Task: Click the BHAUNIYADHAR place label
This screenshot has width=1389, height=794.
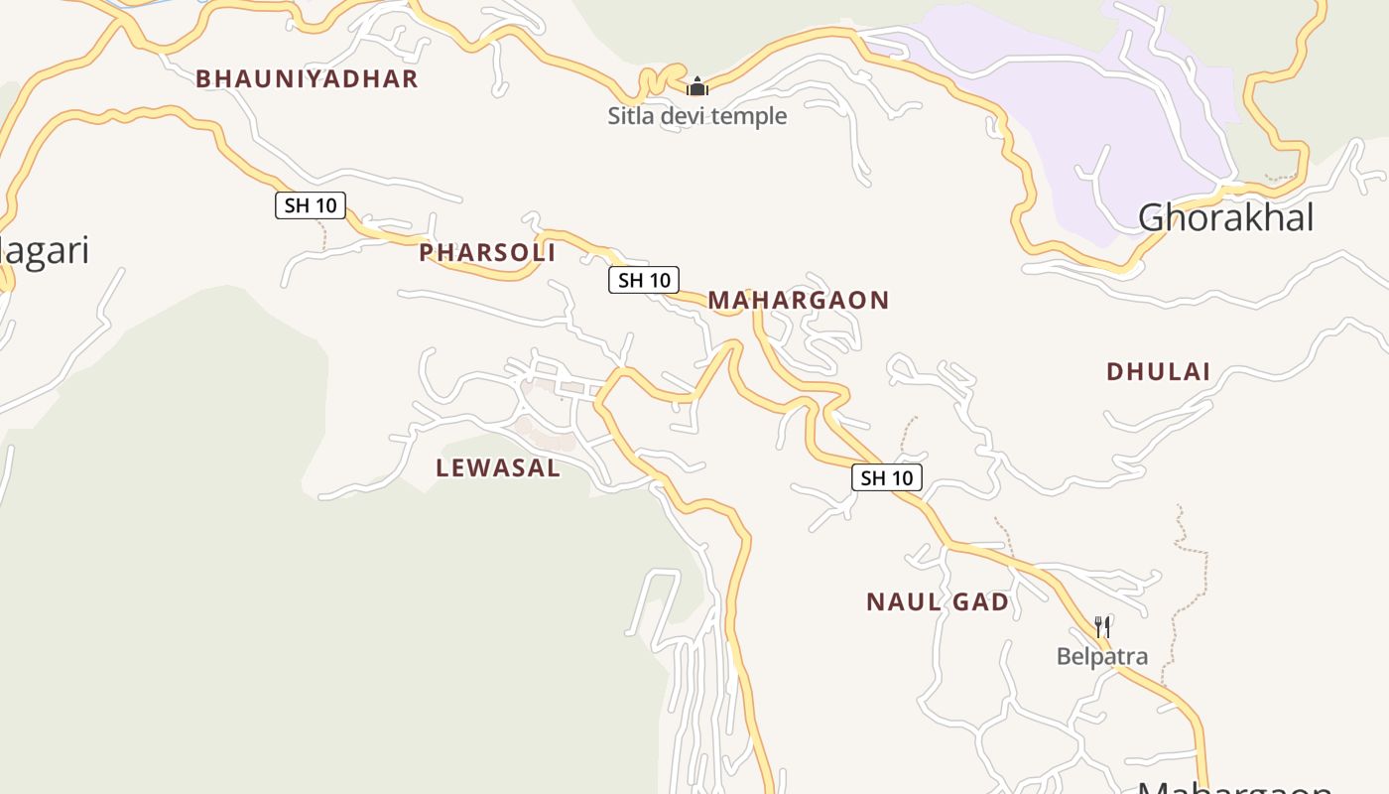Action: click(x=307, y=79)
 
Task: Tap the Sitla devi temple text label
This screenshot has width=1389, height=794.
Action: click(x=696, y=116)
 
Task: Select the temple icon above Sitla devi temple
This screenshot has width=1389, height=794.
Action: click(x=697, y=86)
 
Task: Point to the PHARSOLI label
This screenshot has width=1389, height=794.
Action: click(x=486, y=253)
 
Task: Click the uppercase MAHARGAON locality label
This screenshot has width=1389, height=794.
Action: click(x=798, y=300)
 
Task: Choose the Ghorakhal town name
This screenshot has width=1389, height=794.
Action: click(x=1225, y=217)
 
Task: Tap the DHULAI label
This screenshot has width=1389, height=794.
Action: click(x=1158, y=372)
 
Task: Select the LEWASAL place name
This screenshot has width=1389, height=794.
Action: click(x=498, y=468)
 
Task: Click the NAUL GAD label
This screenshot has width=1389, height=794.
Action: click(x=938, y=602)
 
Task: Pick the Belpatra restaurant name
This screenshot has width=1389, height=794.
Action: click(x=1101, y=656)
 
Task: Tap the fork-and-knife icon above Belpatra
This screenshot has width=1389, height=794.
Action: click(x=1101, y=627)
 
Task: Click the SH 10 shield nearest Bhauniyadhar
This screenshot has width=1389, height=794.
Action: click(x=311, y=205)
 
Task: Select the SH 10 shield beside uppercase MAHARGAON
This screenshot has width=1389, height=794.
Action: click(x=644, y=280)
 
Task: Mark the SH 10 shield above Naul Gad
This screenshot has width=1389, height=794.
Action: click(x=887, y=478)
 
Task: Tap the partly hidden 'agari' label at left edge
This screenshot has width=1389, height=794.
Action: click(x=45, y=251)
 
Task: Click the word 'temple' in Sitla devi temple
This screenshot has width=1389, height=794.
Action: click(x=753, y=116)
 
